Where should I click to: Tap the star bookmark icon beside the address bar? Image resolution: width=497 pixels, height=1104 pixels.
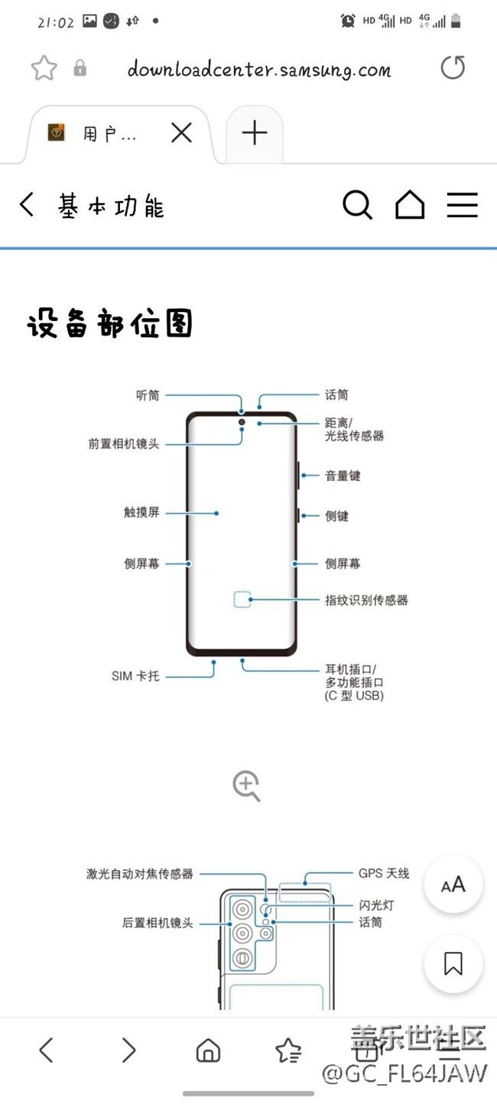coord(44,69)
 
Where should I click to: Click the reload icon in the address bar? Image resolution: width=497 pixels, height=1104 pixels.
coord(453,68)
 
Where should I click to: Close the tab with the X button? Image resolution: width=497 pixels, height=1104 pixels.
coord(181,134)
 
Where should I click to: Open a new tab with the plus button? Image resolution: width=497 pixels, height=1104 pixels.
coord(255,134)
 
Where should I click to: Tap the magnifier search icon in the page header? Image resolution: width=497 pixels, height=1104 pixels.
coord(357,206)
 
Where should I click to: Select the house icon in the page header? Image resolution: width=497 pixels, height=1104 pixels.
coord(410,206)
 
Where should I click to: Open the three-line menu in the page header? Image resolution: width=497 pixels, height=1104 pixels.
coord(463,206)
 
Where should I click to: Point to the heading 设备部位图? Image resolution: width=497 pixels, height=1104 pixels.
coord(109,324)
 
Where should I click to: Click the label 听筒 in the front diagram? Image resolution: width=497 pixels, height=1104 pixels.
coord(148,395)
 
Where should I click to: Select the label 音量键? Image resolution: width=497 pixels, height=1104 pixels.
coord(343,476)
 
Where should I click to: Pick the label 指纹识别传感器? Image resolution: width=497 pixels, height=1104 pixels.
coord(366,600)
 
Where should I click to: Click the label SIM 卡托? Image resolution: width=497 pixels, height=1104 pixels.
coord(135,677)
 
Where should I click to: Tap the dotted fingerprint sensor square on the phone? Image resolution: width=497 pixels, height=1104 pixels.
coord(242,599)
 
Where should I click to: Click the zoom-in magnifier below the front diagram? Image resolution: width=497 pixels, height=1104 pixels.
coord(247,786)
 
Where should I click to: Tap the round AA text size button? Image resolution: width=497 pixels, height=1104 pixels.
coord(453,885)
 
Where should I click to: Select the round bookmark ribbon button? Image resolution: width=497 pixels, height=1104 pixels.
coord(453,963)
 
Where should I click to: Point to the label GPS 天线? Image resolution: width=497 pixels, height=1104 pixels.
coord(384,873)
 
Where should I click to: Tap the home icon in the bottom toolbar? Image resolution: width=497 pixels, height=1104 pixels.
coord(208,1051)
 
